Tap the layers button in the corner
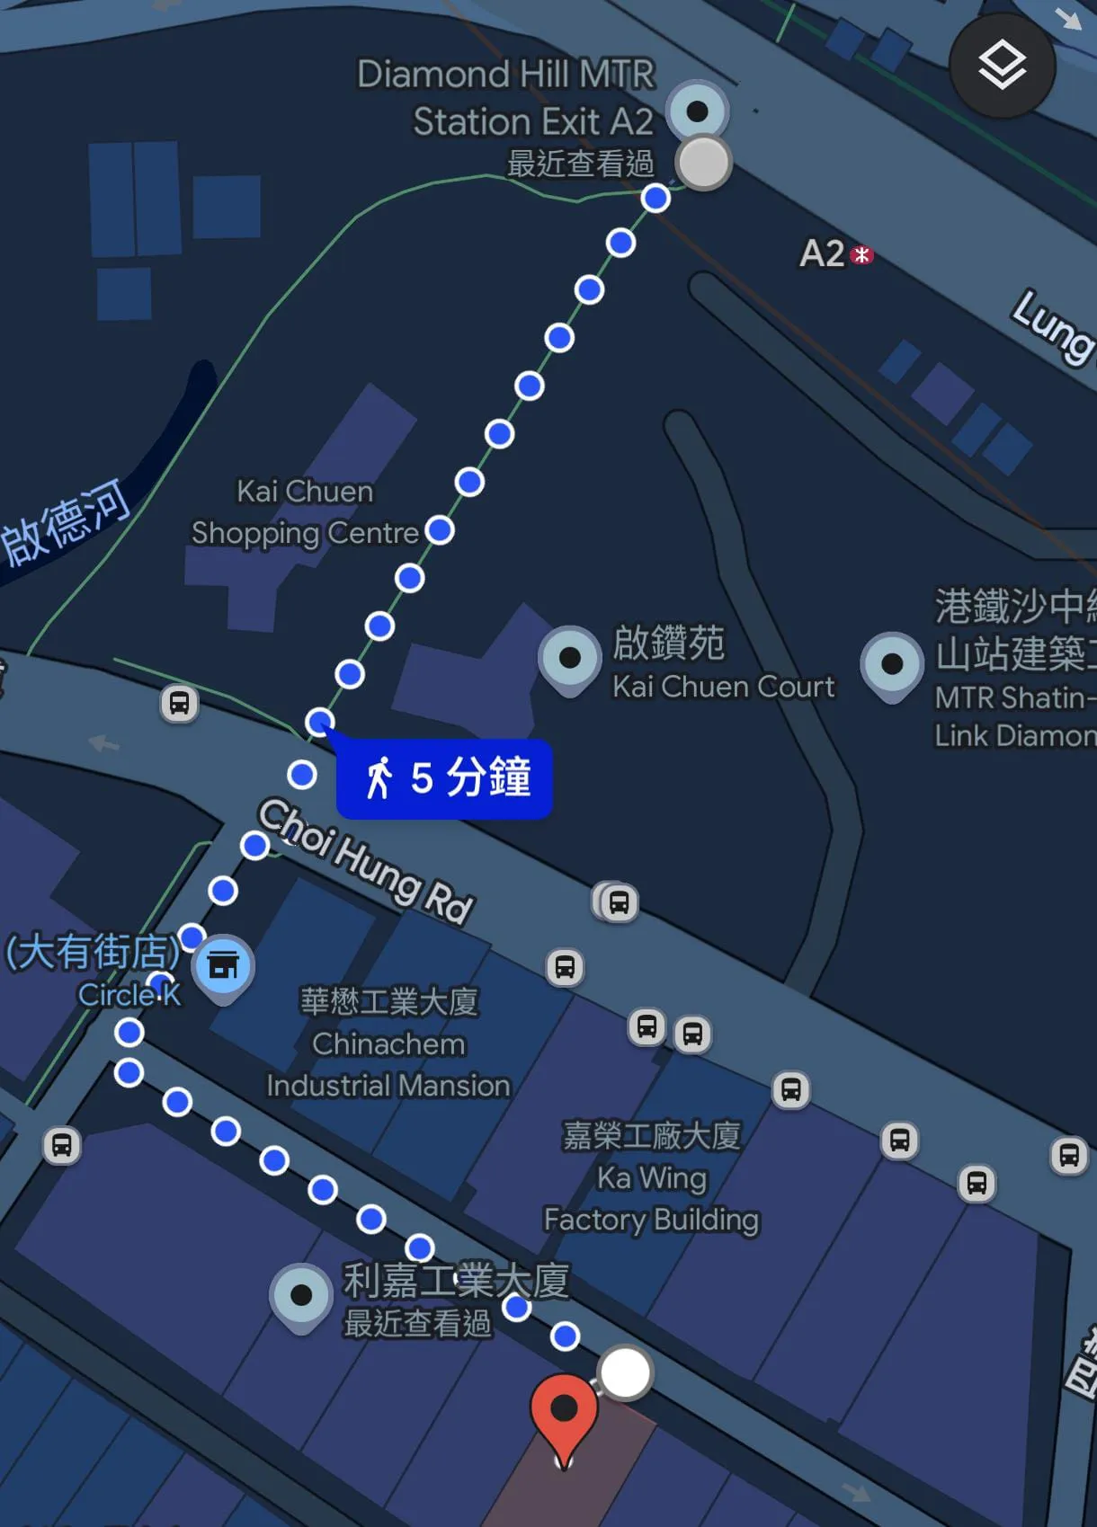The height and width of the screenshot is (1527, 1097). point(1002,66)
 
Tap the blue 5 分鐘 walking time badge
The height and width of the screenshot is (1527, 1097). point(445,778)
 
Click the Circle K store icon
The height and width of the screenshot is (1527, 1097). point(223,966)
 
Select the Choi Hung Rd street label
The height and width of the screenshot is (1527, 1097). point(366,860)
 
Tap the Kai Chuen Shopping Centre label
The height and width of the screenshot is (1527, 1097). point(305,512)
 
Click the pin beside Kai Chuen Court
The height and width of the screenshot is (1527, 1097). point(569,659)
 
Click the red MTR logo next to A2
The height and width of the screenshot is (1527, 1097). point(861,255)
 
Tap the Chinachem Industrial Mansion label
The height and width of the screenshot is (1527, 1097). point(388,1043)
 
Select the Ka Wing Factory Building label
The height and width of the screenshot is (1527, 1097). point(652,1177)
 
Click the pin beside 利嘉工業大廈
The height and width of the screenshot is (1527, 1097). point(301,1296)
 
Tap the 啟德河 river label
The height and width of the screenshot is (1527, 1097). point(67,522)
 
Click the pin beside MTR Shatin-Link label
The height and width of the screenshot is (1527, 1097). point(891,665)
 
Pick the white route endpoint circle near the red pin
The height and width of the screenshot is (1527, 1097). point(625,1372)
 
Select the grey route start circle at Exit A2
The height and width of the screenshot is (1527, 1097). point(703,163)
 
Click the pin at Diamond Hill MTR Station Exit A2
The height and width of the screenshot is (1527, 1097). point(697,111)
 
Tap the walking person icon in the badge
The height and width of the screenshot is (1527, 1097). point(379,778)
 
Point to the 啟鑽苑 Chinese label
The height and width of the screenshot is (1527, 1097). point(668,644)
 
